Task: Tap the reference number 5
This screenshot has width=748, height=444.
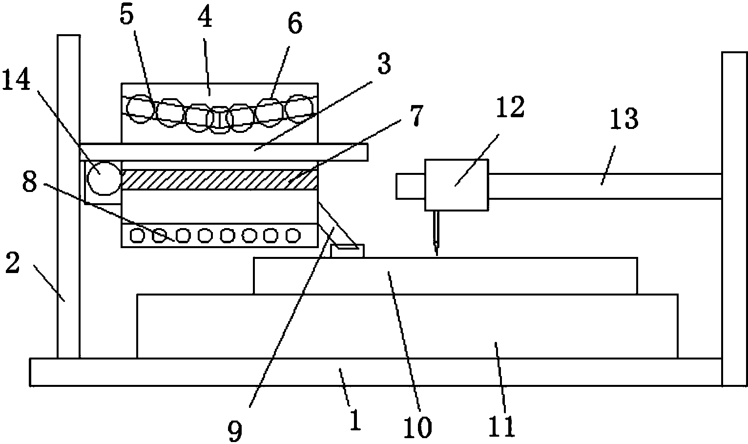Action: (x=126, y=16)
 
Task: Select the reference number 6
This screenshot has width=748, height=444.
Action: (x=294, y=23)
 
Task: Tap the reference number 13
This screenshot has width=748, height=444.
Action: (x=623, y=119)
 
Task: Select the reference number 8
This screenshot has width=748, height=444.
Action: (x=30, y=184)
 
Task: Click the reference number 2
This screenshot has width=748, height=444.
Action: (x=12, y=264)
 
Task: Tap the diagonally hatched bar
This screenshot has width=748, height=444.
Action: (x=220, y=180)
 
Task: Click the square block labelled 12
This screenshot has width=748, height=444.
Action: (x=456, y=185)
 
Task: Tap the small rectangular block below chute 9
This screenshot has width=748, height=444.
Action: (x=347, y=251)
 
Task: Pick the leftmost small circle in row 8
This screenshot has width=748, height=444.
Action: (x=138, y=236)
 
